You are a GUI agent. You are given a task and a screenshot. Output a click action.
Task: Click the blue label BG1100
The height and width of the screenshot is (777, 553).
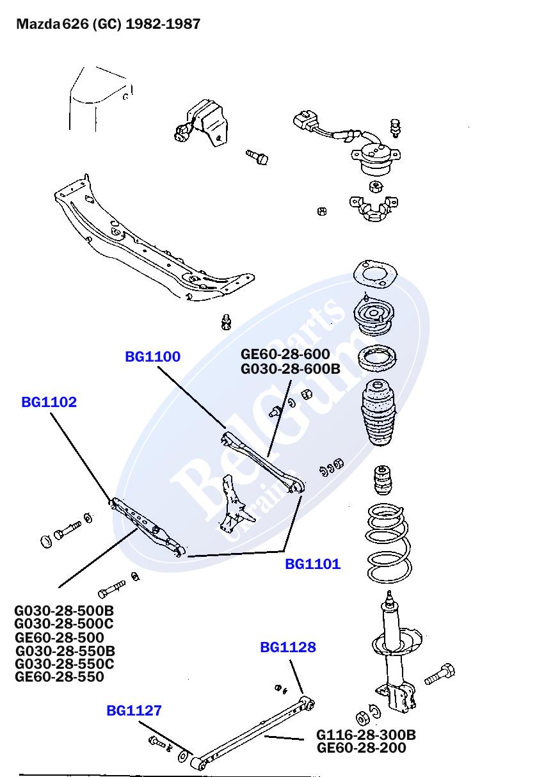point(152,357)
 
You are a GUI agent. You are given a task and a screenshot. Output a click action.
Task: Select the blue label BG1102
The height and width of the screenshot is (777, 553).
point(49,403)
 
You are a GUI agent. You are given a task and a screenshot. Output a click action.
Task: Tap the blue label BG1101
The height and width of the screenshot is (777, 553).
point(312,565)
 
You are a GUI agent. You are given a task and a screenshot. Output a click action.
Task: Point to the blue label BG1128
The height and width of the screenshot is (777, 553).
point(287,648)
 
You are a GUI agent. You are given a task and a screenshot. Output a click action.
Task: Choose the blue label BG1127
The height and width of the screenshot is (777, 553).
point(134,710)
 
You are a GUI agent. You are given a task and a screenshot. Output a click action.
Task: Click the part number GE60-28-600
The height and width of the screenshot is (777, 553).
point(285,355)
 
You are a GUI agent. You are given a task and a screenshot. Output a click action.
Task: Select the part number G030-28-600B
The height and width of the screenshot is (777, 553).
point(290,369)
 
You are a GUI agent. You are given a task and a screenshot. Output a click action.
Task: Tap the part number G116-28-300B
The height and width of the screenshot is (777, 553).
point(365,735)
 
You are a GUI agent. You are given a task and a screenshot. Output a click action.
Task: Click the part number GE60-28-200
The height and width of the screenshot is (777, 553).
point(361,748)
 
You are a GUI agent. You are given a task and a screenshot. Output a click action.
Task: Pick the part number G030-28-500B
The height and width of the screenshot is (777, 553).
point(64,611)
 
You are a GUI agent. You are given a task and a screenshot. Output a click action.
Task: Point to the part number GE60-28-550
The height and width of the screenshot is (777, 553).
point(59,677)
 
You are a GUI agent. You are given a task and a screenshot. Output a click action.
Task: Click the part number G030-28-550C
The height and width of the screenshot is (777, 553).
point(64,664)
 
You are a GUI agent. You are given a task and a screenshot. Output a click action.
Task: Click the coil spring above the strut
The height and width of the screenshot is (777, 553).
point(388,544)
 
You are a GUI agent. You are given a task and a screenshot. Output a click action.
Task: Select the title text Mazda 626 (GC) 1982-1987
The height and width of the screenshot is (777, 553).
point(108,24)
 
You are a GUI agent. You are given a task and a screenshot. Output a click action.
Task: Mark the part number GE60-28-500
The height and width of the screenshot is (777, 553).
point(59,637)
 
